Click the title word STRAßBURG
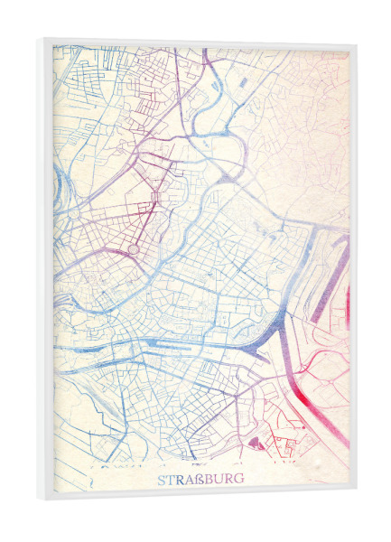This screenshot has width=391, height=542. coord(200,479)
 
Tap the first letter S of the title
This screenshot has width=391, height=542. coord(163,479)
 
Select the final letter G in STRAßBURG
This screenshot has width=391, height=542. coord(238,479)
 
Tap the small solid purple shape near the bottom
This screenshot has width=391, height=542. coord(255,442)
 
